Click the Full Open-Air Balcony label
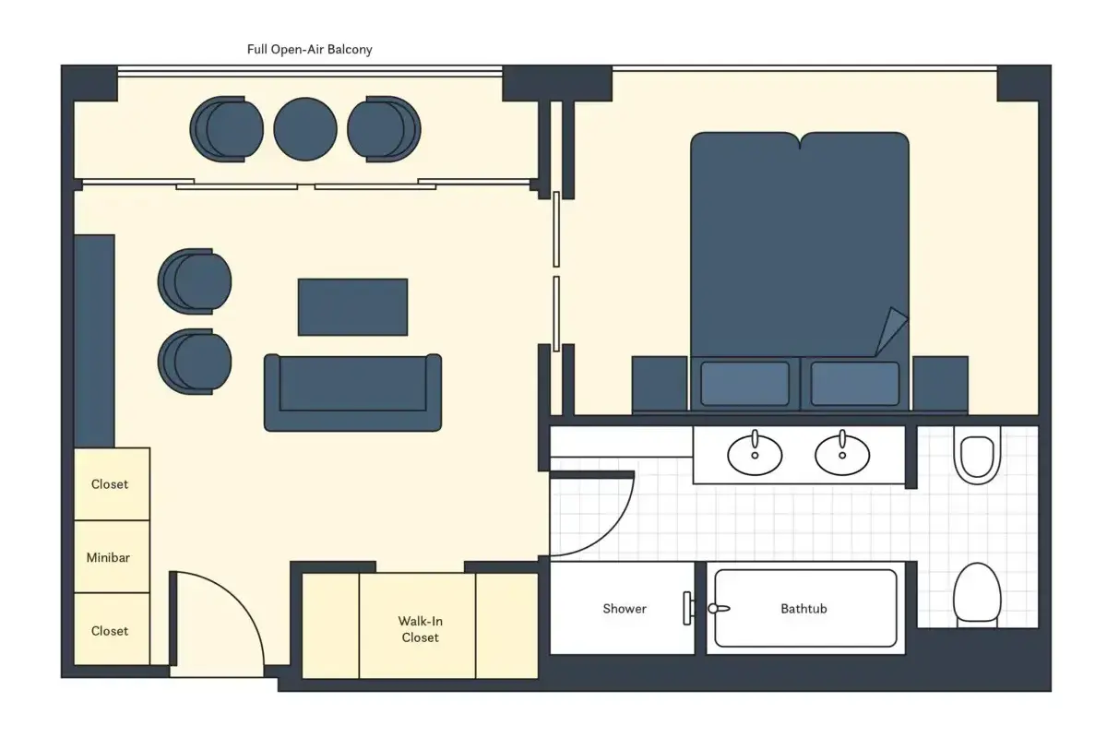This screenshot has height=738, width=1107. (309, 50)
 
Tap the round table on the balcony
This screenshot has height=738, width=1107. (305, 129)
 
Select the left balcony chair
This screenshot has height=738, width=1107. (226, 129)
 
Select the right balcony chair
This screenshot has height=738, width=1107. (384, 129)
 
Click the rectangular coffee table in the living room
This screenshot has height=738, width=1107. (352, 307)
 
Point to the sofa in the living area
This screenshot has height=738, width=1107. (352, 392)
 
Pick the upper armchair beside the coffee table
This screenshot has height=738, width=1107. (195, 281)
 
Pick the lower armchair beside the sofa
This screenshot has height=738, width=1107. (195, 362)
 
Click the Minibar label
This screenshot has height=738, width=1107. (108, 557)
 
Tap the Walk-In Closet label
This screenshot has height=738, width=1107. (421, 629)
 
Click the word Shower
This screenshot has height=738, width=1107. (625, 609)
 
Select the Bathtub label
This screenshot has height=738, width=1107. (804, 609)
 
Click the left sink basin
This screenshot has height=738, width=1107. (755, 454)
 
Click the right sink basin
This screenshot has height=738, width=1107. (842, 454)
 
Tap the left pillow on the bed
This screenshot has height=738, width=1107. (744, 384)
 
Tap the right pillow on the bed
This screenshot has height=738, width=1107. (855, 384)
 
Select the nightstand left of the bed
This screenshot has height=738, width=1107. (660, 384)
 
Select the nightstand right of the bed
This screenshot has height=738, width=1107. (940, 384)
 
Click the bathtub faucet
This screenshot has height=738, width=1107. (719, 609)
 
